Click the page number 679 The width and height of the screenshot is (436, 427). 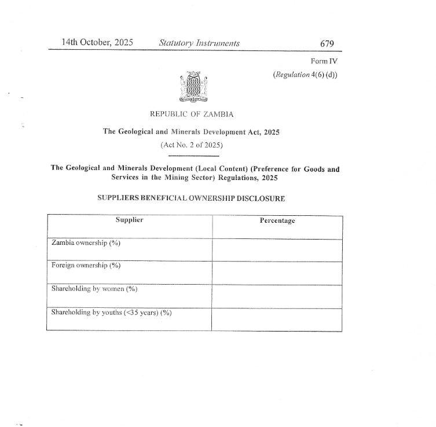[x=327, y=43]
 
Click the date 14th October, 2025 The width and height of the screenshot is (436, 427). [x=97, y=43]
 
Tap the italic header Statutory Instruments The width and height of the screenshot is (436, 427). [x=199, y=43]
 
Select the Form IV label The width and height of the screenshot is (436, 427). [x=324, y=61]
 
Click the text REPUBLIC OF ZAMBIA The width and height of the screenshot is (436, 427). [x=192, y=115]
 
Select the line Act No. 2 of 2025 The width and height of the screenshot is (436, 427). [x=192, y=145]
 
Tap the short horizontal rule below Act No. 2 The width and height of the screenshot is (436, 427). [x=193, y=156]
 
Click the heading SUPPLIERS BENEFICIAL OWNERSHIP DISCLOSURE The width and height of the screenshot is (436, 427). [x=191, y=198]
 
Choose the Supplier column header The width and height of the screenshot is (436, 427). [x=129, y=220]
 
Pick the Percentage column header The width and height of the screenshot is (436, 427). [x=277, y=220]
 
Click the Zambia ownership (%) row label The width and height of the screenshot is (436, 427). [x=86, y=242]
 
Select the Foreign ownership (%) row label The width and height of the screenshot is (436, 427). [x=85, y=266]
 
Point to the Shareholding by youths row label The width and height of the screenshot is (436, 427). [x=111, y=312]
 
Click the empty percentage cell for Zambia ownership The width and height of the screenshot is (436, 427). [x=277, y=249]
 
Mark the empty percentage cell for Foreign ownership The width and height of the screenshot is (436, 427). [x=277, y=273]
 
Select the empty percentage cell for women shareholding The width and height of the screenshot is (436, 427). [x=277, y=296]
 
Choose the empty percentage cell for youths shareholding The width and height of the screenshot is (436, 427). [x=277, y=319]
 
